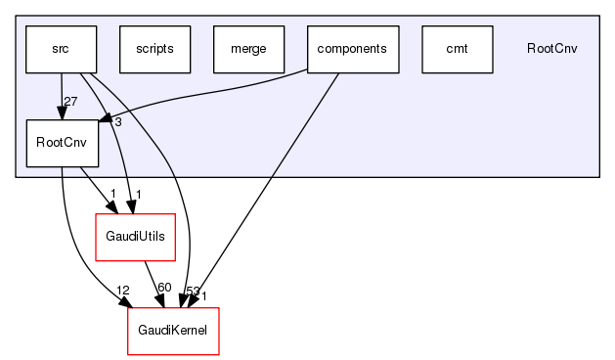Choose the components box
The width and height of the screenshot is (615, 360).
(353, 49)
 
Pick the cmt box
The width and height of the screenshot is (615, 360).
(457, 49)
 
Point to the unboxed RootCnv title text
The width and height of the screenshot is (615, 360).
(551, 49)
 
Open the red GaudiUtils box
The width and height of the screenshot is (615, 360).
(134, 237)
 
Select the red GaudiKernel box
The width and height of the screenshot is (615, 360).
(173, 331)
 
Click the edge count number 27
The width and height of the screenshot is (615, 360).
(69, 103)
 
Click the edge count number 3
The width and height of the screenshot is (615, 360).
(116, 121)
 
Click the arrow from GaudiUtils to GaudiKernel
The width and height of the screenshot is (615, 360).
(152, 282)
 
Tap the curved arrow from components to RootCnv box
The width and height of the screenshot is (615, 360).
(215, 96)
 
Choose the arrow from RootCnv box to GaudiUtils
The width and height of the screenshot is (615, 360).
(93, 188)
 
